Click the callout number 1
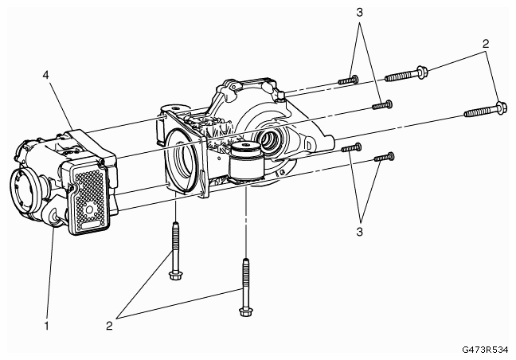pos(46,326)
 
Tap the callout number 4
pos(45,75)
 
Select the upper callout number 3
pos(359,13)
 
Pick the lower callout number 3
pos(359,232)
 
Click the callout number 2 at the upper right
pos(486,44)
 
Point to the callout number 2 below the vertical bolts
pos(109,326)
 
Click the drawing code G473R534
pos(485,350)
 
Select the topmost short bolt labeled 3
pos(348,80)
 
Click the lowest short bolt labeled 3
pos(384,157)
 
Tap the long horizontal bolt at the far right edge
pos(485,111)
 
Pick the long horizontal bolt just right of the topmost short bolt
pos(406,74)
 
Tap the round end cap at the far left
pos(22,191)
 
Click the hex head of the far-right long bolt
pos(501,108)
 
